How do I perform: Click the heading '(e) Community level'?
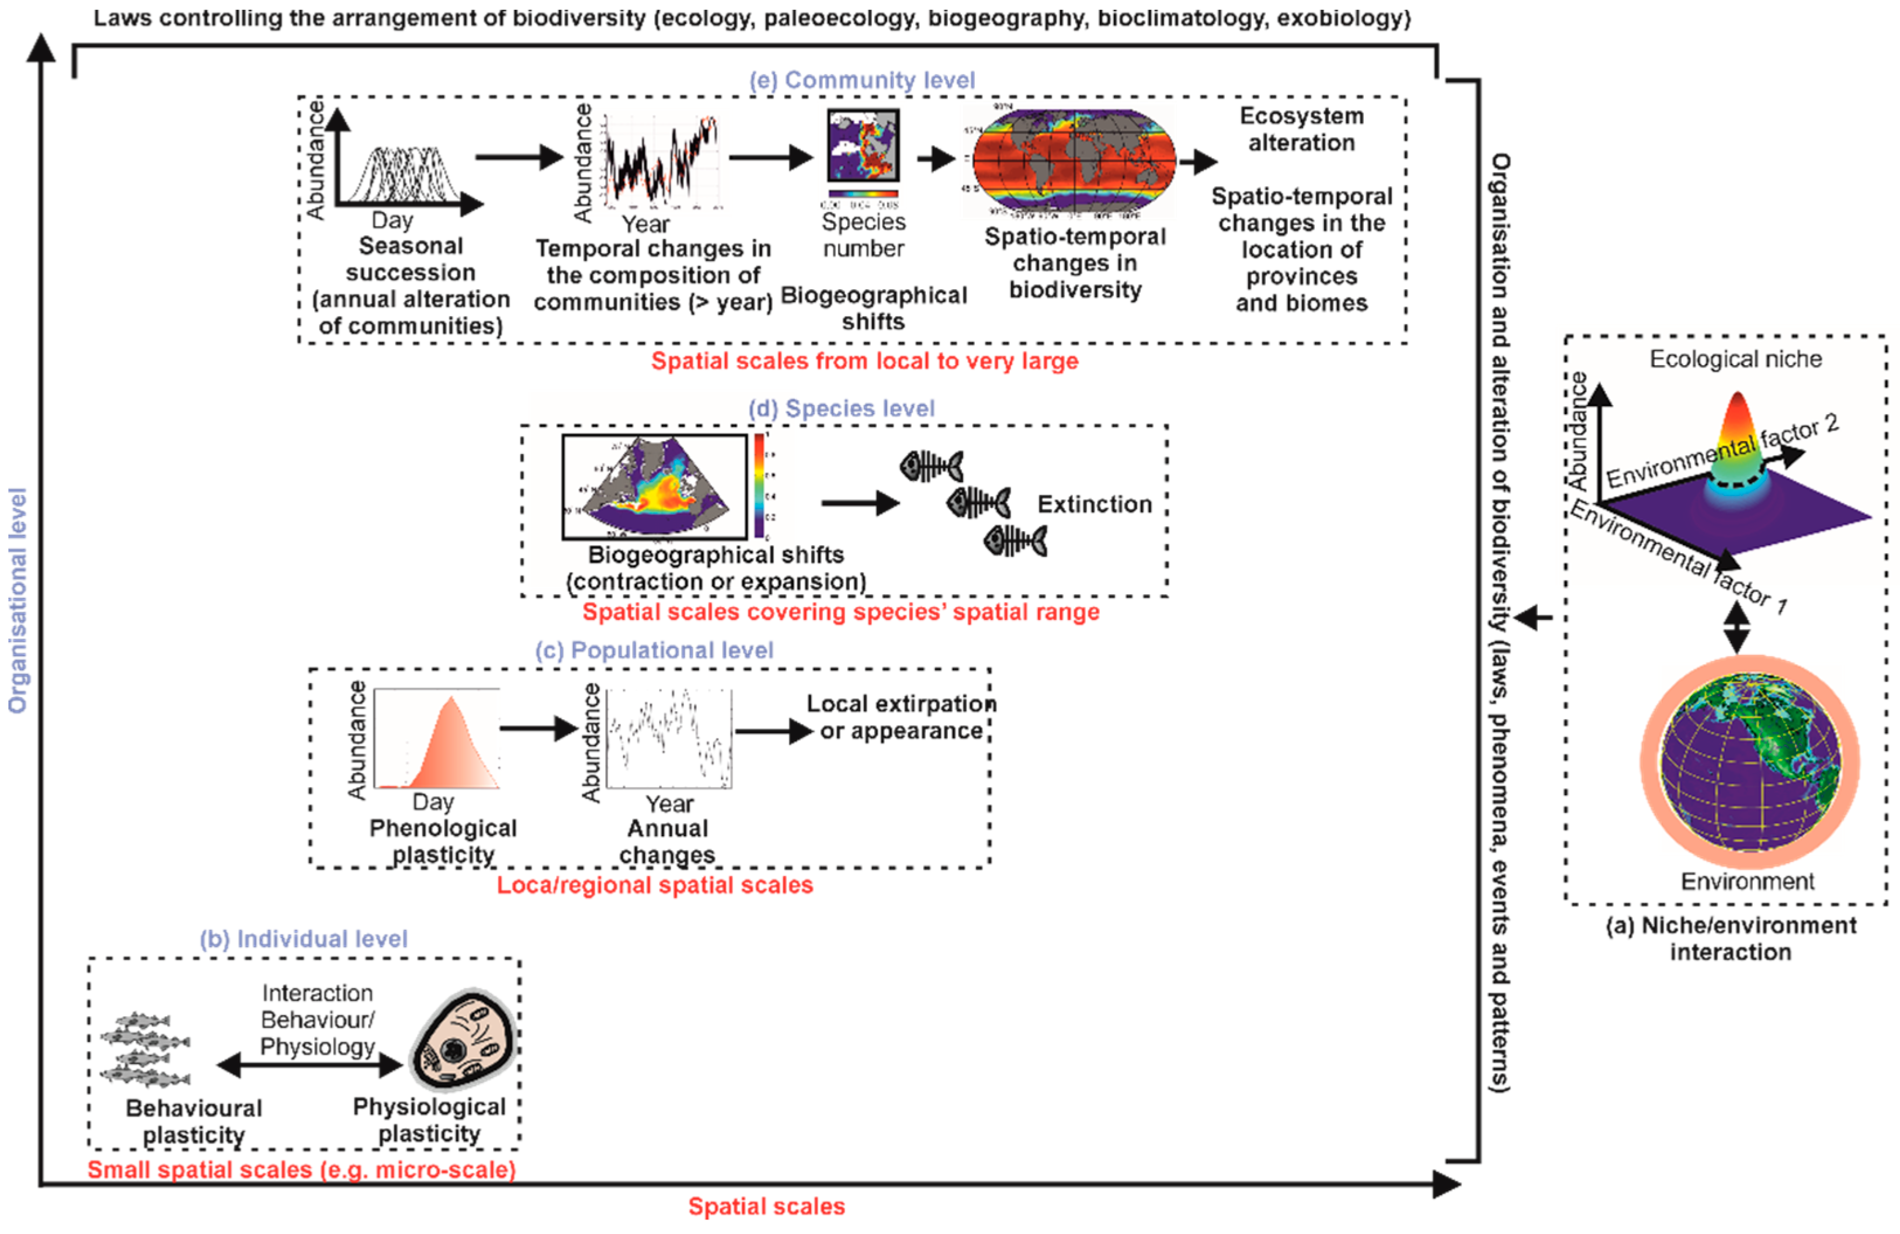pos(862,81)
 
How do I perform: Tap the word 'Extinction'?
pos(1095,505)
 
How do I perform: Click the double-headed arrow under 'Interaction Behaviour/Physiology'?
pos(311,1065)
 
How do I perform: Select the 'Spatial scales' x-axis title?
pos(766,1206)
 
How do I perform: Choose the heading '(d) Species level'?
pos(842,409)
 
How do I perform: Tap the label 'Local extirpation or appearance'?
pos(901,717)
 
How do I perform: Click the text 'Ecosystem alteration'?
pos(1301,129)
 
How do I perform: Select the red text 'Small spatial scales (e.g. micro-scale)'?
pos(302,1170)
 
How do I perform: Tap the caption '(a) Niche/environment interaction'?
pos(1730,938)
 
